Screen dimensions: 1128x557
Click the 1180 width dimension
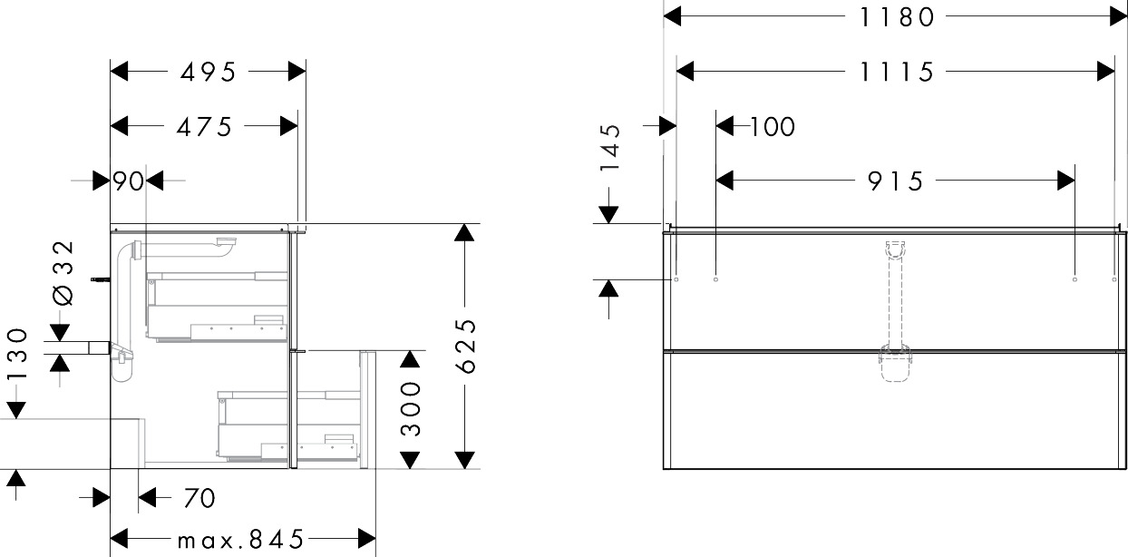tap(897, 17)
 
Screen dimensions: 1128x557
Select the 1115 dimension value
tap(897, 72)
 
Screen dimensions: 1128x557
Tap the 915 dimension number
tap(895, 181)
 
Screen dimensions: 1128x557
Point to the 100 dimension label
tap(773, 126)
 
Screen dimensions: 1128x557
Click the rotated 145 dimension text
tap(610, 147)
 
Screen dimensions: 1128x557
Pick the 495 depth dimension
tap(208, 72)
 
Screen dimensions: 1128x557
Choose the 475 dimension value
tap(204, 126)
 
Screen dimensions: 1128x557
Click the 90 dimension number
tap(128, 181)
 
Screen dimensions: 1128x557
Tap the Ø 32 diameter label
tap(63, 272)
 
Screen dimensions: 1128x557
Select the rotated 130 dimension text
tap(17, 353)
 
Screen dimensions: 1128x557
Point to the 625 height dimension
tap(466, 346)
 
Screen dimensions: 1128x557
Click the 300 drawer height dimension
tap(411, 408)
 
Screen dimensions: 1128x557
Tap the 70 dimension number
tap(199, 499)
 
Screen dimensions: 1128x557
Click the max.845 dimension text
tap(240, 540)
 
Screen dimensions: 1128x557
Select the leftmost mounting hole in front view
tap(676, 279)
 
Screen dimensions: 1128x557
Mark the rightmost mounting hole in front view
tap(1113, 279)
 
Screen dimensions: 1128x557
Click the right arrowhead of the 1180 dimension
tap(1118, 16)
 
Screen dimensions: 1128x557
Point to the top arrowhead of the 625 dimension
tap(464, 232)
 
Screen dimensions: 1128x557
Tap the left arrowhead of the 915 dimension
tap(724, 181)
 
